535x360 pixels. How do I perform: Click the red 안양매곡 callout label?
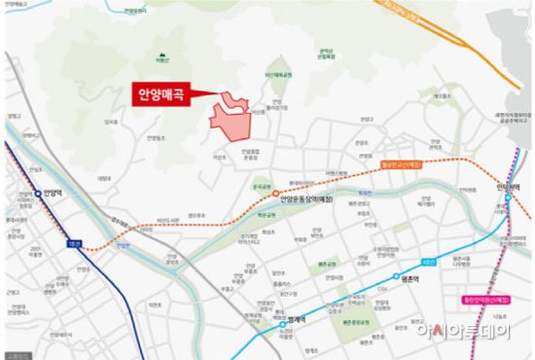point(160,94)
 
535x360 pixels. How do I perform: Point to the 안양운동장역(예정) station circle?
point(274,193)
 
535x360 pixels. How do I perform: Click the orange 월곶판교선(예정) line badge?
point(404,164)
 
